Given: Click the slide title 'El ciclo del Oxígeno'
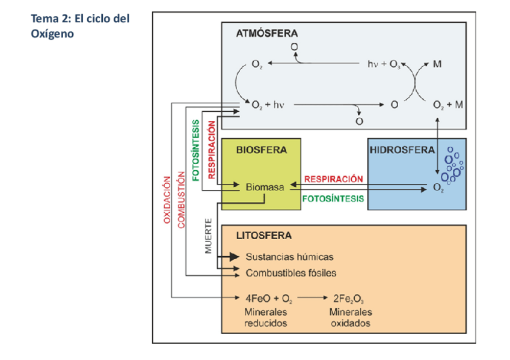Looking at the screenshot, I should [x=80, y=26].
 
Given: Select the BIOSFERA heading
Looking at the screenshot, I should [x=261, y=150].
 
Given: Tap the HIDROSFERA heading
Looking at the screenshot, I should [x=402, y=150].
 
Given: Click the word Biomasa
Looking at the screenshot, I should [x=264, y=187].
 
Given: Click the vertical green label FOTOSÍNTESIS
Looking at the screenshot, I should [x=195, y=150].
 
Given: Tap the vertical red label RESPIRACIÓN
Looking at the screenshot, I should [x=211, y=149].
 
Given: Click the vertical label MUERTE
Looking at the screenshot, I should [x=209, y=236].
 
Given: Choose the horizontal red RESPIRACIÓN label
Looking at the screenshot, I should [x=334, y=178].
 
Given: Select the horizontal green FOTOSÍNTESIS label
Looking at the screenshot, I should [x=334, y=198].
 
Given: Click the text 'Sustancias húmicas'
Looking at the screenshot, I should [x=289, y=257].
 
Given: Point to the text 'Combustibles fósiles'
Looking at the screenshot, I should [x=290, y=273].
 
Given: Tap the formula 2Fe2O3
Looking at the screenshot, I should [x=349, y=297].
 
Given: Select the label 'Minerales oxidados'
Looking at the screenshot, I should [x=350, y=317].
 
